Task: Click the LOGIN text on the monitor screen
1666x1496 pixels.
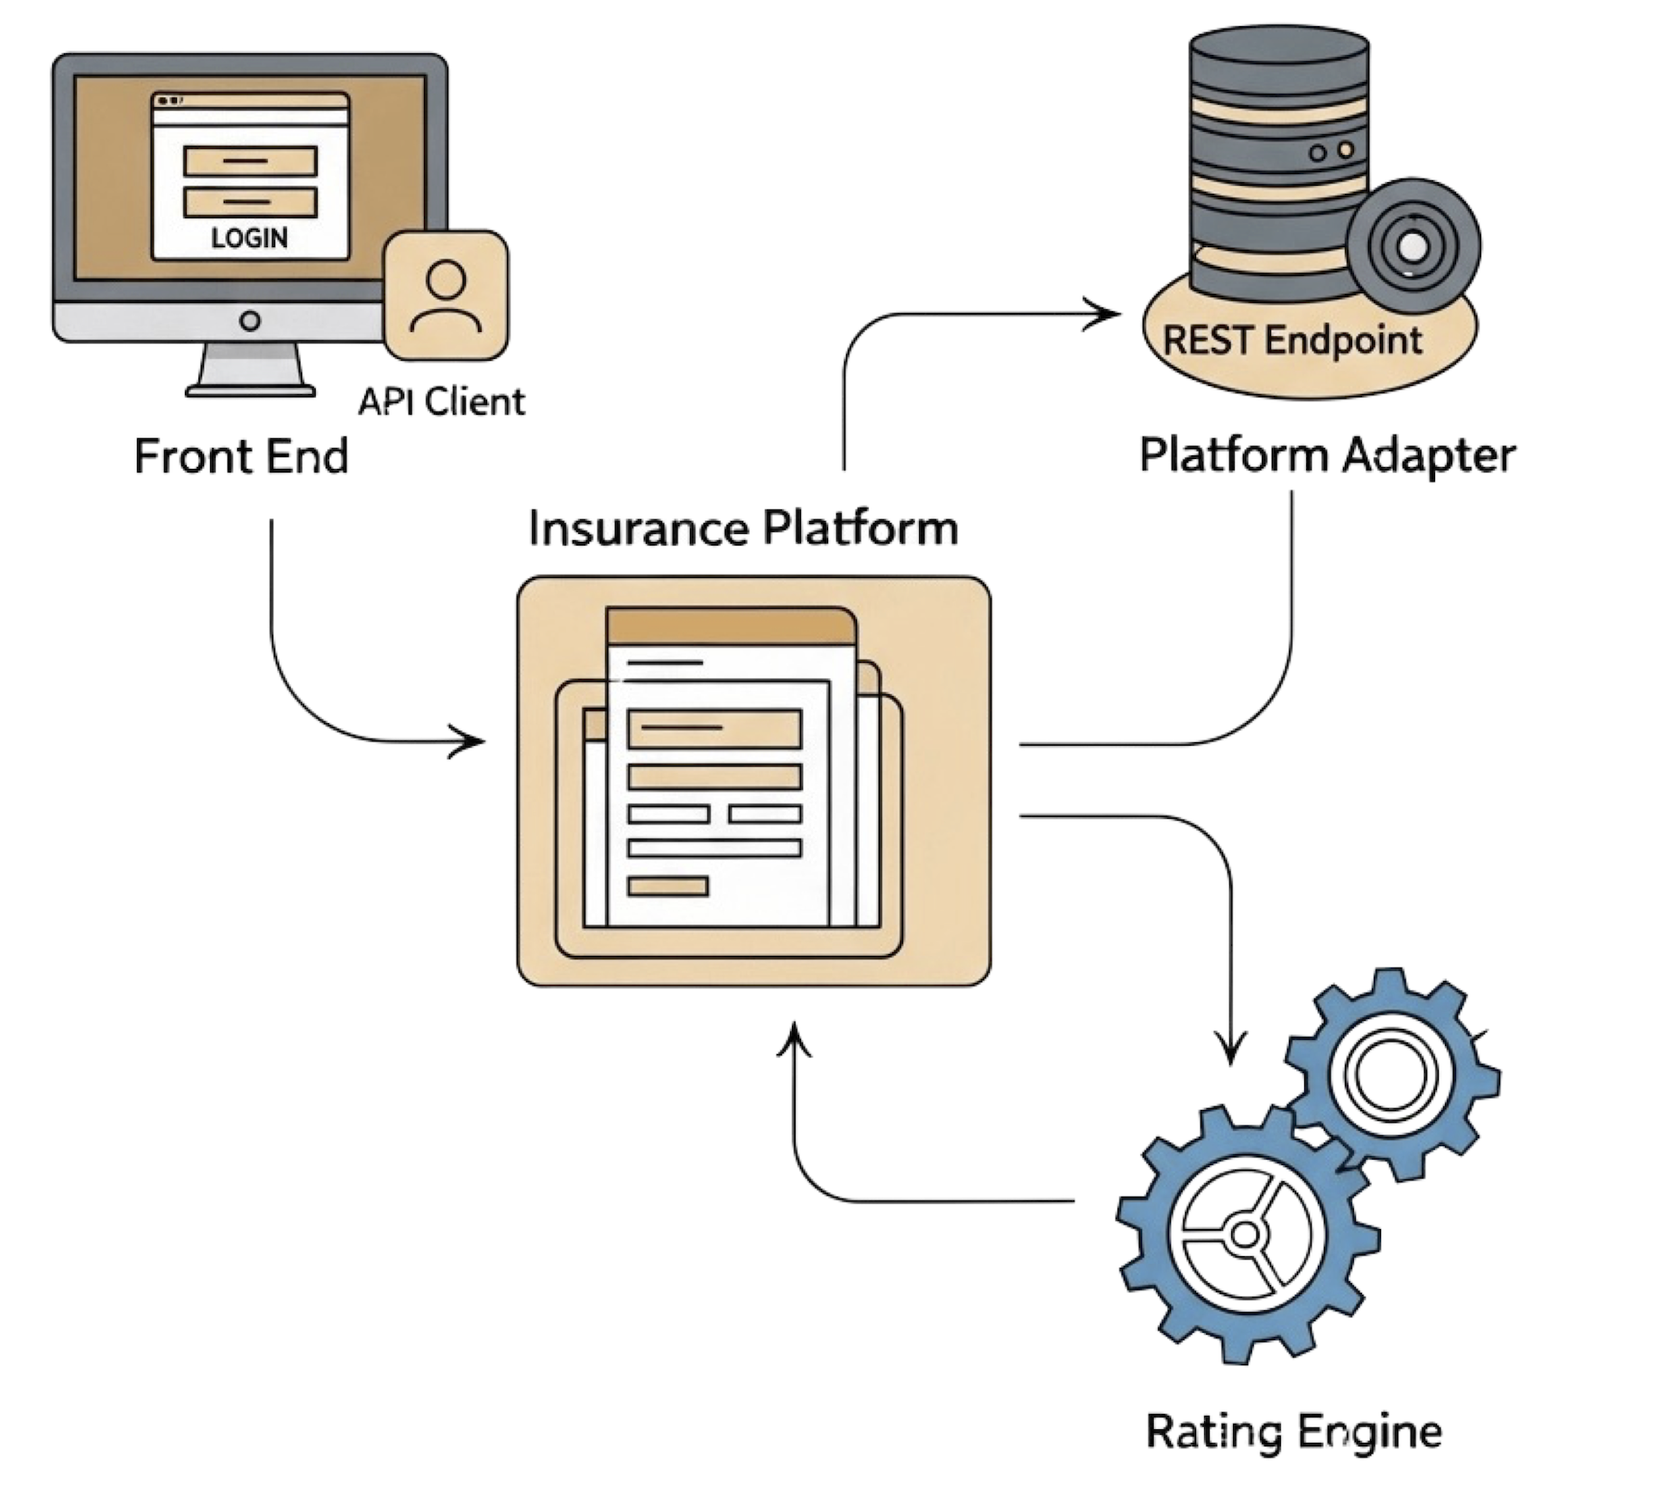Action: click(250, 238)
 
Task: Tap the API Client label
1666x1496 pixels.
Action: click(441, 401)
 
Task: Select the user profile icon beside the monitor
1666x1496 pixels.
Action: click(446, 295)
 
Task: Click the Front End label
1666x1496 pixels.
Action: click(241, 456)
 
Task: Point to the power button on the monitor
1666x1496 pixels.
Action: click(250, 320)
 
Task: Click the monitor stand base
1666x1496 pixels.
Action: click(250, 390)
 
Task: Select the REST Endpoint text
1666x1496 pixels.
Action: click(1292, 341)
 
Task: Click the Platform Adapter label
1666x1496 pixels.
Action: click(1327, 454)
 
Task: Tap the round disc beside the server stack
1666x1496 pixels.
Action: click(1413, 244)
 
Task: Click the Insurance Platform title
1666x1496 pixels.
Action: click(742, 528)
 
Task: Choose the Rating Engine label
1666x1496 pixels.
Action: click(1293, 1431)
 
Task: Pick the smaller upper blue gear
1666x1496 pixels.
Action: click(1392, 1073)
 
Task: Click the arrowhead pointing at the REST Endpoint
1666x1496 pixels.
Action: click(1105, 315)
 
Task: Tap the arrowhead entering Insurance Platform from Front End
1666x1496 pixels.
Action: click(471, 742)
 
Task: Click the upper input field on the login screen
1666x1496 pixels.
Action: click(250, 161)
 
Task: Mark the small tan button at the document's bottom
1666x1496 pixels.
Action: click(667, 886)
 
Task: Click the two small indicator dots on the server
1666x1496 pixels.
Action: click(1331, 151)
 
